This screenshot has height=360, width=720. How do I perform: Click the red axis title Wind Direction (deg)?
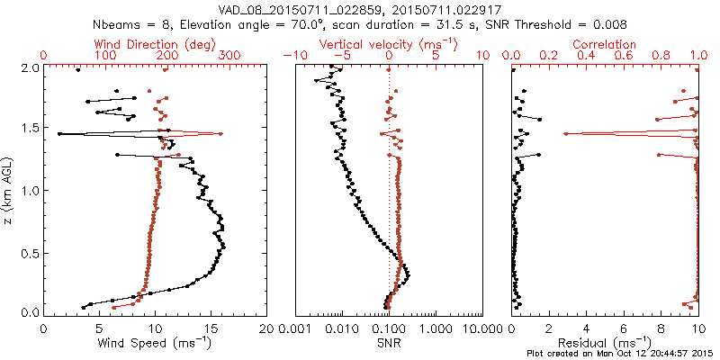(157, 44)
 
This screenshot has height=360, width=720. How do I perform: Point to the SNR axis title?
(389, 343)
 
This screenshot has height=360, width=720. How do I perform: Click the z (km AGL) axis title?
(8, 190)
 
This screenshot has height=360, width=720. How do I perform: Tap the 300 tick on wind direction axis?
(230, 56)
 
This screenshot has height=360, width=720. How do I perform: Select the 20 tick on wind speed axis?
(267, 329)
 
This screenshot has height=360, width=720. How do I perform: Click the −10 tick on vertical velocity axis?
(290, 56)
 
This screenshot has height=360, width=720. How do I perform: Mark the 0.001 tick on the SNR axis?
(295, 329)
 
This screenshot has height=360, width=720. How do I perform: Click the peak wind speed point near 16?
(224, 247)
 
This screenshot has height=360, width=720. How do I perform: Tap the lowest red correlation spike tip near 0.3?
(566, 134)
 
